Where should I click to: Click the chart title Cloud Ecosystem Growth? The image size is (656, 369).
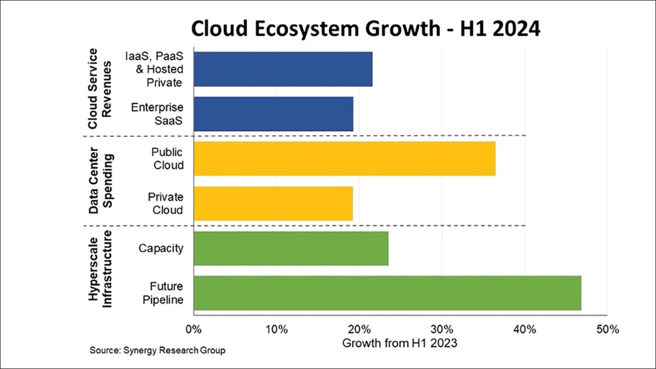[365, 29]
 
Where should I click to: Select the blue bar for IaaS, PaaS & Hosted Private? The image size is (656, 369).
[283, 69]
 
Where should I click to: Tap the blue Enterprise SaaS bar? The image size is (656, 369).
[273, 114]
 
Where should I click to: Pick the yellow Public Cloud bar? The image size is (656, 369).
[344, 159]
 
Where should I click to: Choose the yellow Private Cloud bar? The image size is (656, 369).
[273, 203]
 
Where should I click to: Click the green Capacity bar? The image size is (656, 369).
[290, 248]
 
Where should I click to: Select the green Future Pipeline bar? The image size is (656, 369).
[387, 293]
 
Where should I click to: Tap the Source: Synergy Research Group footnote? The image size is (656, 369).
[157, 350]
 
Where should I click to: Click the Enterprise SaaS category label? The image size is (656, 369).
[157, 114]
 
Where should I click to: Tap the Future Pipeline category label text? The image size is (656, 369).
[167, 293]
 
